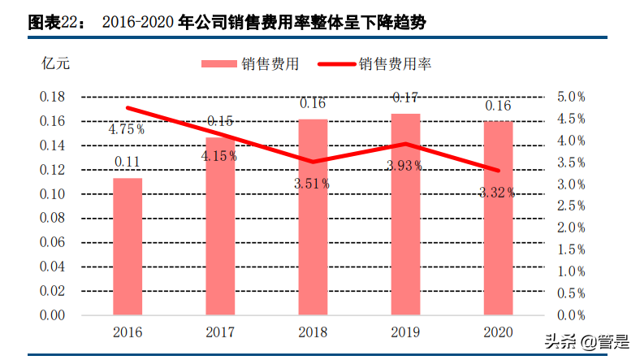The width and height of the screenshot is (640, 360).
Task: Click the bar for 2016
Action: coord(128,246)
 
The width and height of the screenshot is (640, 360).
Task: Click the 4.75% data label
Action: coord(127,128)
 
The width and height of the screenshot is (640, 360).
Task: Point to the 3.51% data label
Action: coord(312,184)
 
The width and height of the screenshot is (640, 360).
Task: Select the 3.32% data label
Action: coord(497,193)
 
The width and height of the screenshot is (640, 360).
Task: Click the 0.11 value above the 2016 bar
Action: coord(128,162)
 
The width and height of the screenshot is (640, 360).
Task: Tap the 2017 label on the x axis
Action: coord(220,332)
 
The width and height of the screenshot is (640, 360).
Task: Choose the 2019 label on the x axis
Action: coord(405,332)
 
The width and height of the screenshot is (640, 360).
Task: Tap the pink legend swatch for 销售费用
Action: coord(218,63)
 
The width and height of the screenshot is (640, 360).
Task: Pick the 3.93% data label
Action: coord(404,166)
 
